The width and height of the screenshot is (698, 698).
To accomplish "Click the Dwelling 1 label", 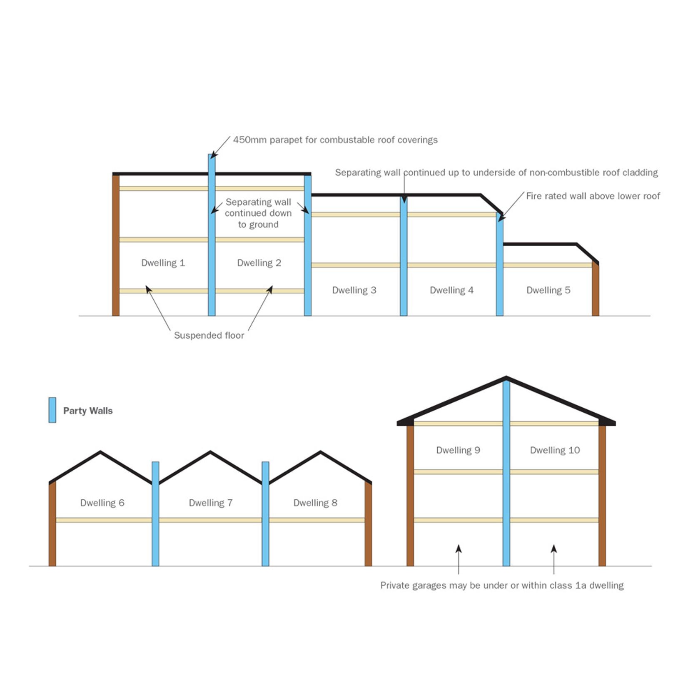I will point(163,263).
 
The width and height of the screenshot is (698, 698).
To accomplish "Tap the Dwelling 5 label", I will point(548,290).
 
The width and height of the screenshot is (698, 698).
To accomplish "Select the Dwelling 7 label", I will point(211,503).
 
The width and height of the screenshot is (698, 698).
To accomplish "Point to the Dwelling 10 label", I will point(555,450).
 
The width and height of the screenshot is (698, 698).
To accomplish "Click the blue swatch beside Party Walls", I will point(52,410).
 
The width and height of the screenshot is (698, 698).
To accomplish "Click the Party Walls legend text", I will point(88,411).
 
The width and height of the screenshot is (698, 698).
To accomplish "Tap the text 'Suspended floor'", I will point(209,335).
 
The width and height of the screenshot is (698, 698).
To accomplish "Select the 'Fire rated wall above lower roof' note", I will point(593,196).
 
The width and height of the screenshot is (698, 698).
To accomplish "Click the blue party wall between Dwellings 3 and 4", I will point(404,258).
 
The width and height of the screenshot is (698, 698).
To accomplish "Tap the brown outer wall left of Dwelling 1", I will point(116,246).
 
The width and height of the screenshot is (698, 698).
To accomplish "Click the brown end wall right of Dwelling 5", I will point(596,289).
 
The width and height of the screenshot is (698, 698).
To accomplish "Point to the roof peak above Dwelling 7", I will point(210,451).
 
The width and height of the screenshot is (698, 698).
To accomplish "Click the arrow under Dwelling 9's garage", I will point(459,550).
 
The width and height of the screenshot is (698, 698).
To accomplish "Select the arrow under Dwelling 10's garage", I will point(554,550).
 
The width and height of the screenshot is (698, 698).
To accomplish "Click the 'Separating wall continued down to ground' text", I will point(258,213).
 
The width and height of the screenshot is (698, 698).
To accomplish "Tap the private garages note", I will point(502,586).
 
